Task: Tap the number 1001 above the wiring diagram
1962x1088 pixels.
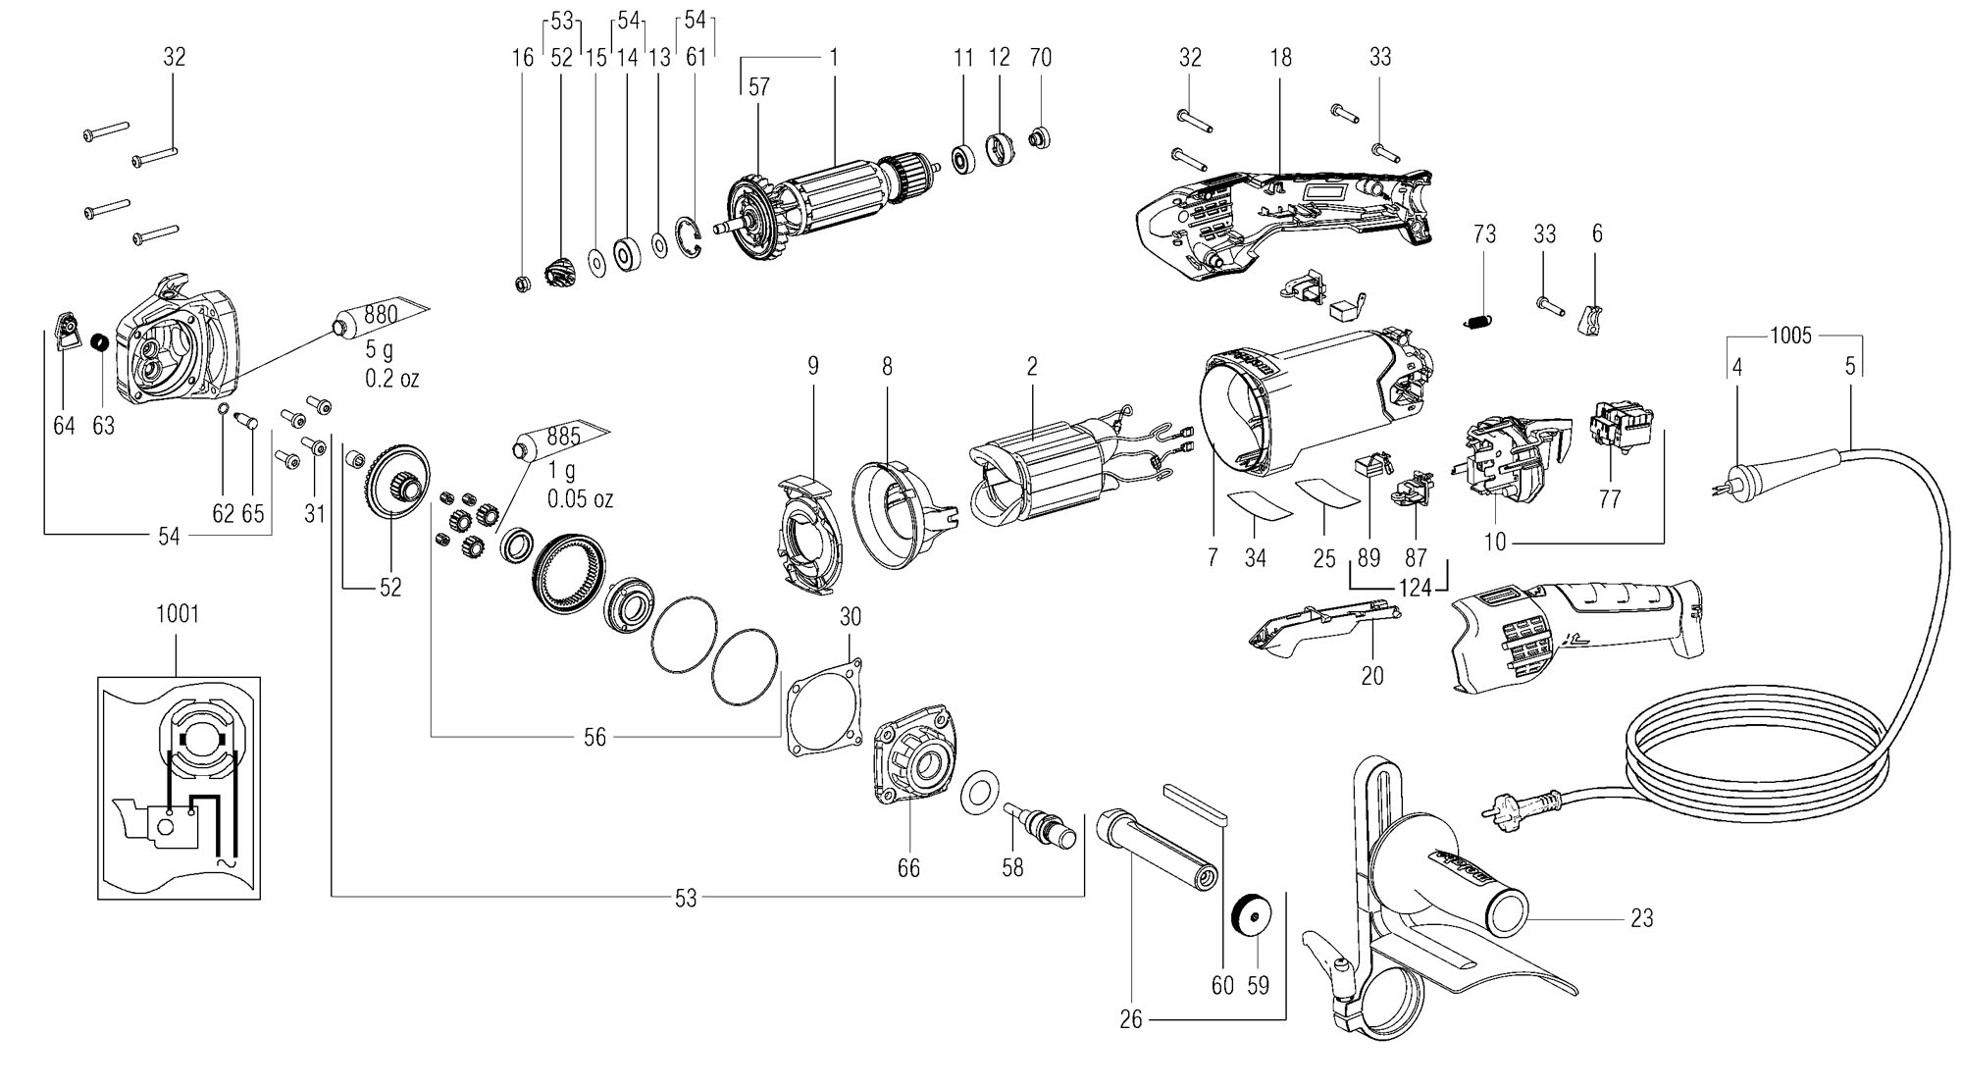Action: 178,614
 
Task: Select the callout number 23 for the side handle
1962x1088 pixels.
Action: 1641,918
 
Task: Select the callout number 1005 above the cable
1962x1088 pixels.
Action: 1790,337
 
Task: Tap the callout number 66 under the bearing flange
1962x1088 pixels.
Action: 908,868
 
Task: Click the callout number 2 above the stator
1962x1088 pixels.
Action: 1032,367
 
